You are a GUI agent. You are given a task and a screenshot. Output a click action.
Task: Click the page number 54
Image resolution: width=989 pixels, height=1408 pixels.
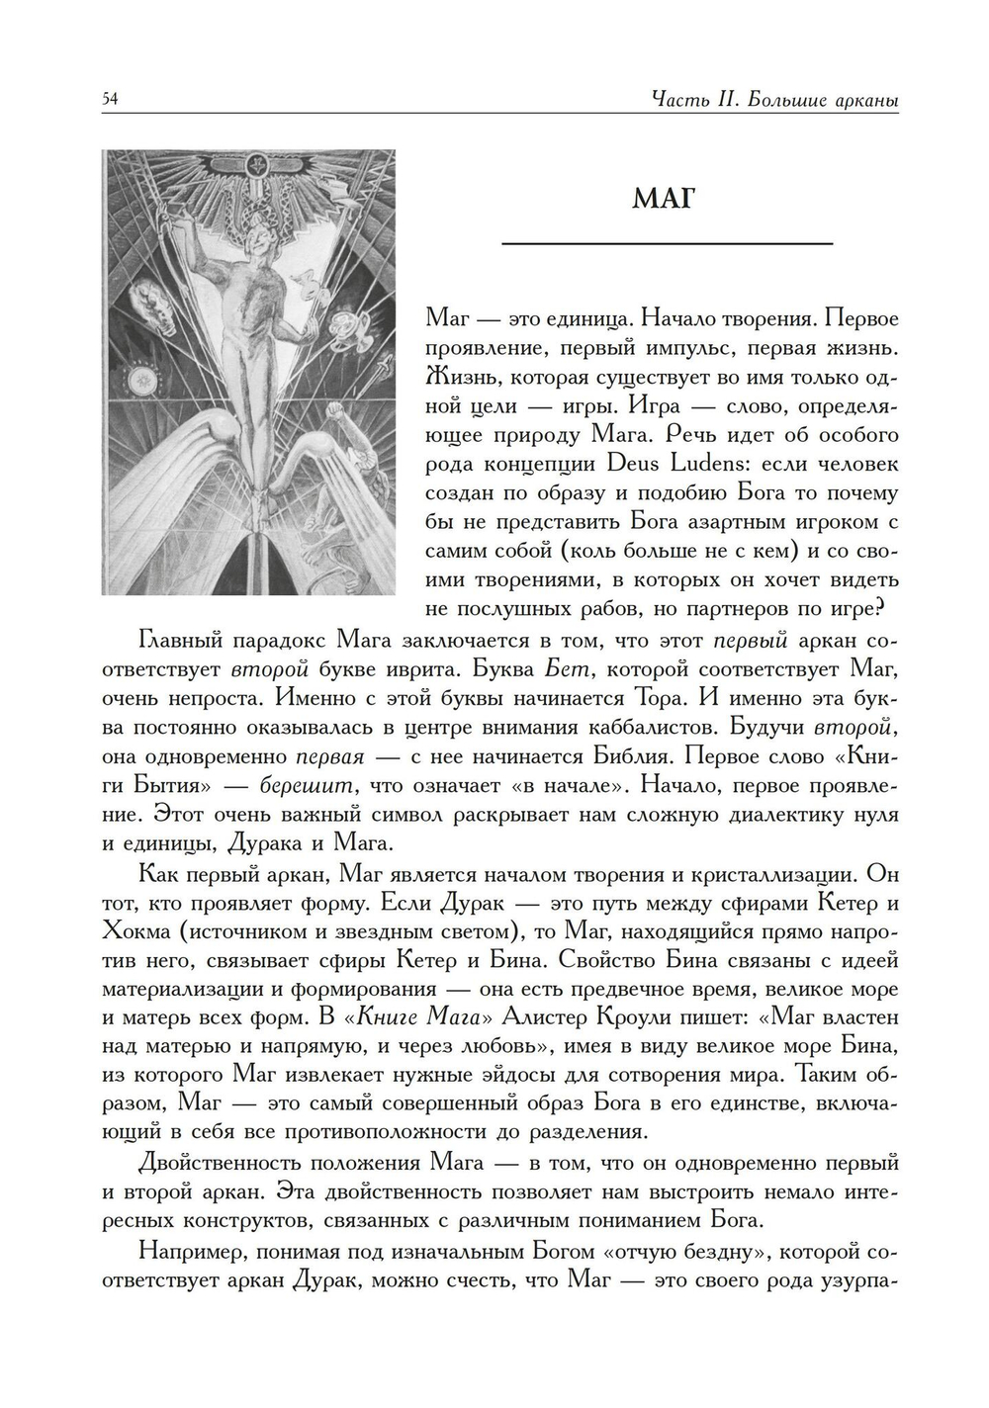[110, 99]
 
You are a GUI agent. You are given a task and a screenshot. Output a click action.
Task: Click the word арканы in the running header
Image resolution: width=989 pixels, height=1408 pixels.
[863, 100]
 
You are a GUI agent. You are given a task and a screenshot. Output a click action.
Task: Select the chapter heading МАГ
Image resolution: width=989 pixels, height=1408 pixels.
[664, 199]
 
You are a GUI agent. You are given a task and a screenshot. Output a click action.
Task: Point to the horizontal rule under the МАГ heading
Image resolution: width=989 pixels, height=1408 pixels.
[668, 243]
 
